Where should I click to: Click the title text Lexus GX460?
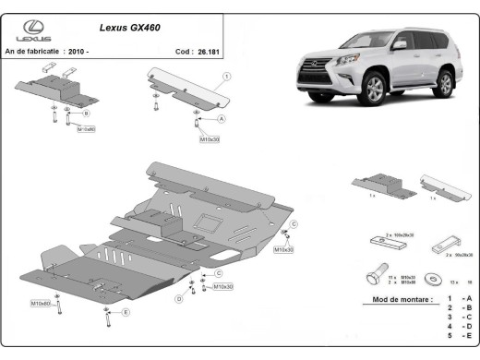tap(128, 28)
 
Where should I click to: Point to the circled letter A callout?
tap(221, 120)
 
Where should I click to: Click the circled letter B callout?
tap(86, 113)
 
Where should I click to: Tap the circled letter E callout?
tap(126, 313)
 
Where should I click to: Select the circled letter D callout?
tap(179, 299)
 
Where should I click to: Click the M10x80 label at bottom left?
tap(41, 303)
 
